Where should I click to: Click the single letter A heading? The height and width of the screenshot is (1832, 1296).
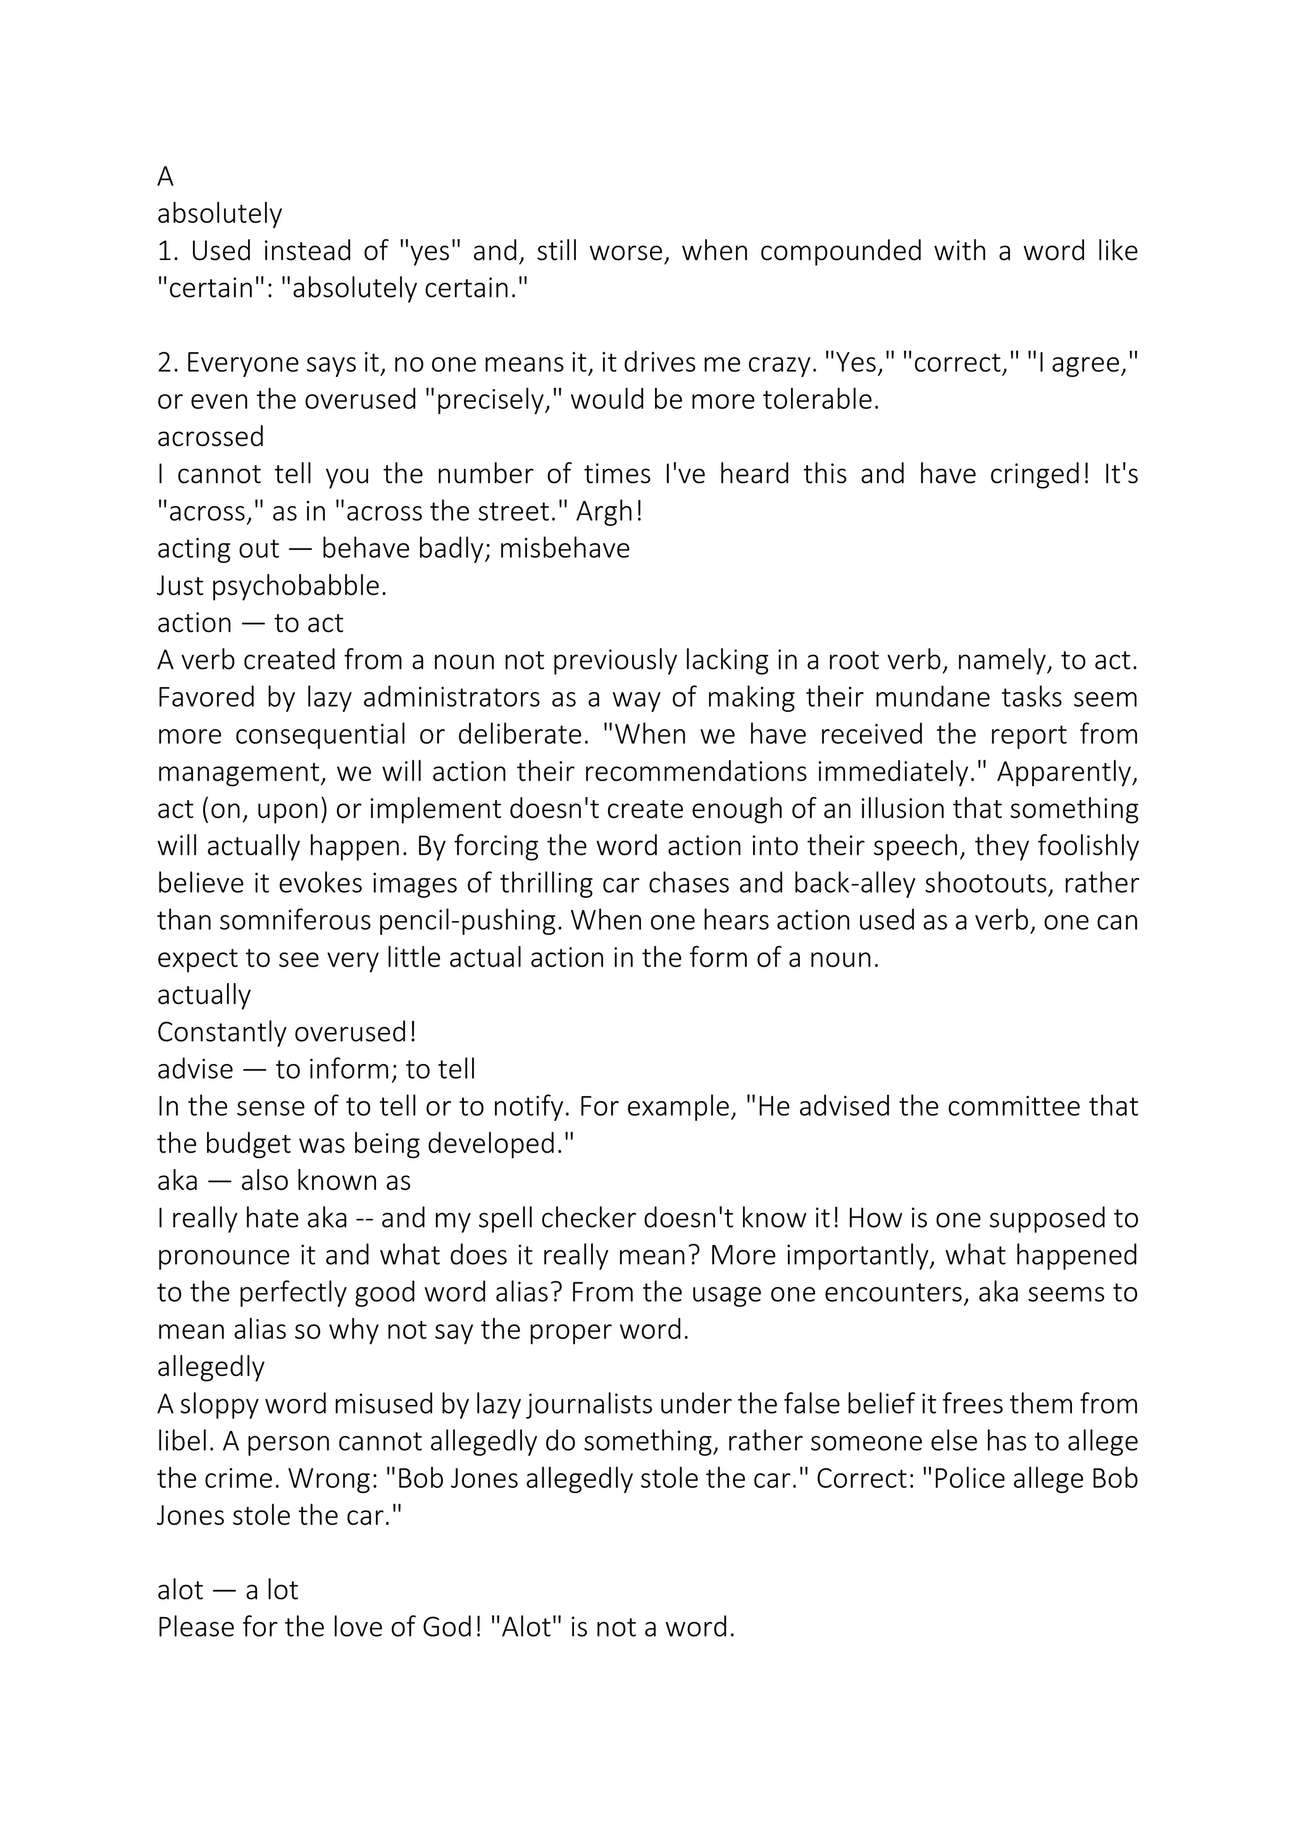165,176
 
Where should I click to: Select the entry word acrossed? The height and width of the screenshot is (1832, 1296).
211,437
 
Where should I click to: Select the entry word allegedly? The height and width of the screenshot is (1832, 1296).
211,1367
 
